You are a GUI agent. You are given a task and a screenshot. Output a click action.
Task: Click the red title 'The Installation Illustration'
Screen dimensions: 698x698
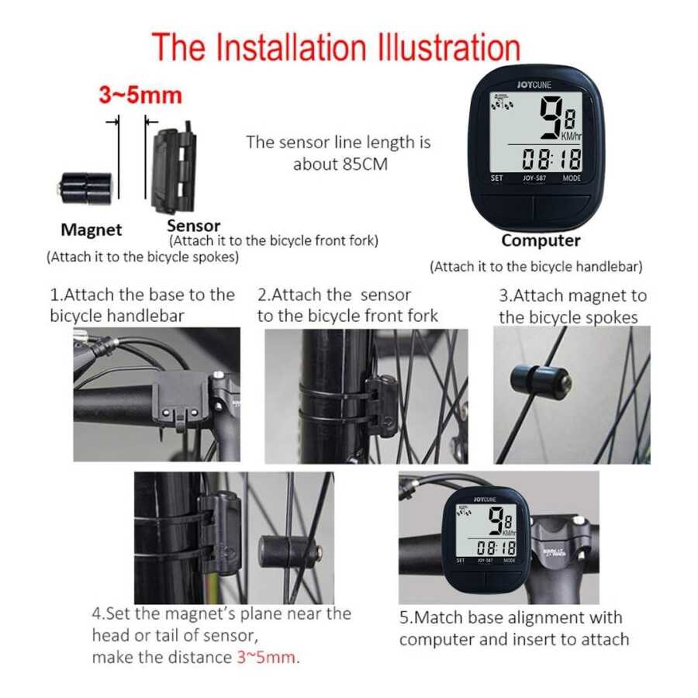click(x=336, y=47)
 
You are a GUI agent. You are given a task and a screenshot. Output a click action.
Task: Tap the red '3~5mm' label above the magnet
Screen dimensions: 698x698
click(x=140, y=95)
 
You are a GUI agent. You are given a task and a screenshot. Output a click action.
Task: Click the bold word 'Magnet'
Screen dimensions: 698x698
click(x=92, y=230)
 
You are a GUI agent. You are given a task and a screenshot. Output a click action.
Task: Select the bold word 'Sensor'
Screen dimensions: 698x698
click(x=194, y=225)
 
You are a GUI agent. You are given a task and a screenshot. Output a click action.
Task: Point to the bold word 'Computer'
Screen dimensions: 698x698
click(x=541, y=240)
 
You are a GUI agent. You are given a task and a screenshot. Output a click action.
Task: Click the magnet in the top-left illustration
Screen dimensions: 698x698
click(x=85, y=188)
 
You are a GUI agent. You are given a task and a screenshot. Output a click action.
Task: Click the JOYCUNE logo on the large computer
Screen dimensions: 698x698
click(x=534, y=85)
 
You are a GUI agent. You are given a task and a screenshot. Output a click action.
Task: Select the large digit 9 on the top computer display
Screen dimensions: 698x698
click(x=551, y=118)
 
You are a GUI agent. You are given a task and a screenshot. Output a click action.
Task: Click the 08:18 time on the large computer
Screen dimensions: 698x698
click(x=552, y=159)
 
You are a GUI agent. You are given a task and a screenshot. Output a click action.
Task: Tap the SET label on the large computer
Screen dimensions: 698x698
click(x=497, y=178)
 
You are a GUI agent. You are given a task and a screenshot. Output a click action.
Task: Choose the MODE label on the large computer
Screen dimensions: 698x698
click(x=572, y=178)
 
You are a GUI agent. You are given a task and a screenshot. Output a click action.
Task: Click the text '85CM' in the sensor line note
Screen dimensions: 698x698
click(x=365, y=164)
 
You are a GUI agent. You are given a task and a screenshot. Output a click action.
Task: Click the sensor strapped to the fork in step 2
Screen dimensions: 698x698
click(x=381, y=405)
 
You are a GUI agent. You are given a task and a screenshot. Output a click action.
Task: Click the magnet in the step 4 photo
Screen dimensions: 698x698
click(x=289, y=551)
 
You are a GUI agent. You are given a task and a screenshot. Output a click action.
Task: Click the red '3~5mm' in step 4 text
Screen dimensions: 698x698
click(x=266, y=657)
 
